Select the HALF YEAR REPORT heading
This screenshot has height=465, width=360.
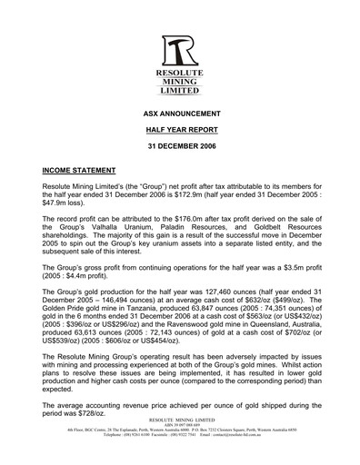180,131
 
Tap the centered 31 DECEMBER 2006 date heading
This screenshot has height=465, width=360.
180,147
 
